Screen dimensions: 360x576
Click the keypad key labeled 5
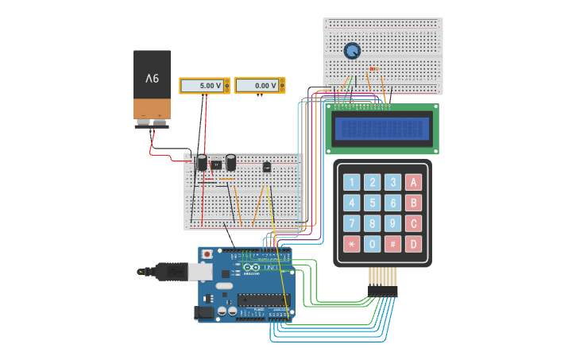(372, 203)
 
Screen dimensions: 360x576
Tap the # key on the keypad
(392, 244)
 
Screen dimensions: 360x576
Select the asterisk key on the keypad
(351, 244)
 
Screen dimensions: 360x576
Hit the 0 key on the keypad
(372, 244)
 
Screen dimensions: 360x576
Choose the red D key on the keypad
(412, 244)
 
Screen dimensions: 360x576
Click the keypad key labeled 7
(351, 223)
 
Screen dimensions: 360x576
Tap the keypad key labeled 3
(392, 182)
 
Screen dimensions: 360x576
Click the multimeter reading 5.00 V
(204, 85)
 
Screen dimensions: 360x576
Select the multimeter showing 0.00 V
(259, 85)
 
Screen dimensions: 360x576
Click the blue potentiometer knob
(351, 51)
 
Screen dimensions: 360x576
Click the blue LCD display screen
(382, 128)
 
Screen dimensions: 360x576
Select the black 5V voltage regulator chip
(215, 165)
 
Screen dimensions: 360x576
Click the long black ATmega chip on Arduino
(263, 300)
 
